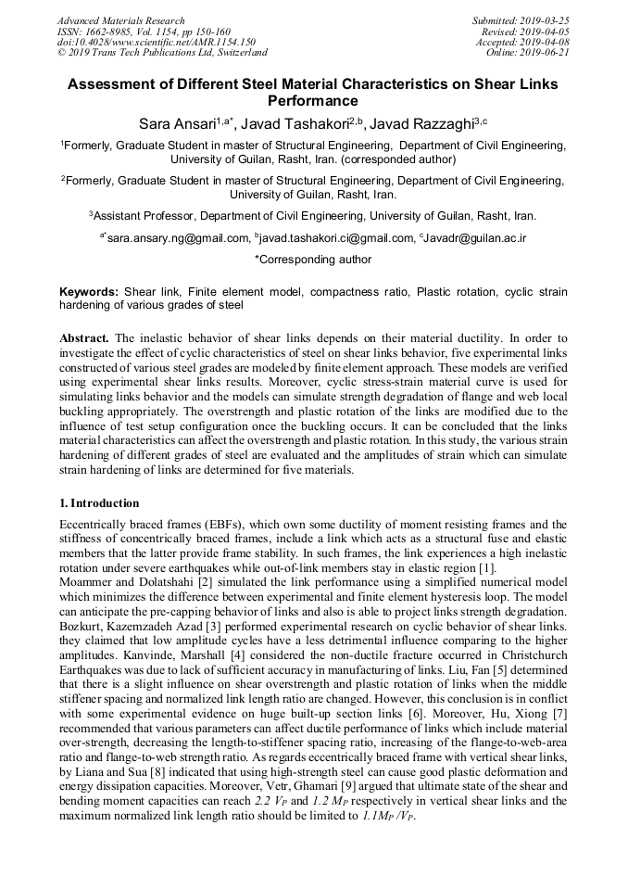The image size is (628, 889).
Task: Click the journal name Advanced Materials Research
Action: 120,20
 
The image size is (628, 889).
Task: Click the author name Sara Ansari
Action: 180,123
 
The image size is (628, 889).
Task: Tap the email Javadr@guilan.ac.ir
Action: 474,238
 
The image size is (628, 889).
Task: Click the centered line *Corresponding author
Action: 313,260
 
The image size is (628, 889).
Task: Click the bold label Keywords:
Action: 89,292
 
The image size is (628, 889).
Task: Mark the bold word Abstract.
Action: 84,339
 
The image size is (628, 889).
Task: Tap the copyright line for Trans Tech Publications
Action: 162,53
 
